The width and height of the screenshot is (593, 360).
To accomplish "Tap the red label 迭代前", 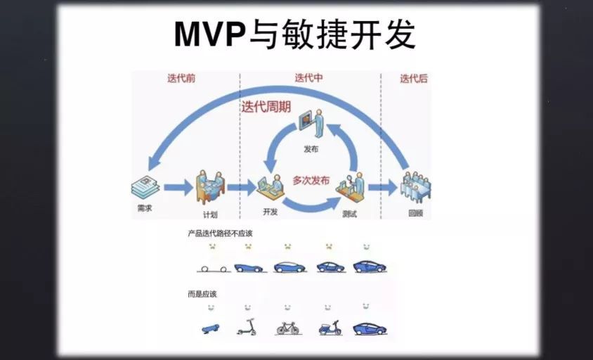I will tap(181, 79).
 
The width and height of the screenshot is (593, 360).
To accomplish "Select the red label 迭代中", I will tap(309, 78).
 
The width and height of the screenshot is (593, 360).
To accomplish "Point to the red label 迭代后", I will tap(413, 79).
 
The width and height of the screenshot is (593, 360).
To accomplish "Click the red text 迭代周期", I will tap(266, 108).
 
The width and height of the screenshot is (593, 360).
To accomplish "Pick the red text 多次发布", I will tap(311, 180).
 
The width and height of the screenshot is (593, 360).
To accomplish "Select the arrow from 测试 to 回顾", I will tap(383, 187).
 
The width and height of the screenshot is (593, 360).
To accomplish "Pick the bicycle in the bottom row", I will tap(288, 327).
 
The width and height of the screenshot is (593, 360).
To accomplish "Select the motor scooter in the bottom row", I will tap(330, 327).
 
